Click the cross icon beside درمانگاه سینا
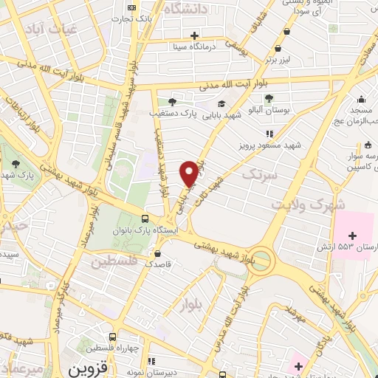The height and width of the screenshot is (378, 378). pos(194,35)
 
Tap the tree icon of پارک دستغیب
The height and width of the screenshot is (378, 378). pos(172,102)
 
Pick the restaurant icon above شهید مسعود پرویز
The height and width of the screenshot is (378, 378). pos(269,134)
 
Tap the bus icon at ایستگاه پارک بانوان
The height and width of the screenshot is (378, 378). pos(145,219)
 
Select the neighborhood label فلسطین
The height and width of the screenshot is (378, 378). pos(115,261)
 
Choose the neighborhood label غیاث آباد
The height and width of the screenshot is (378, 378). pos(64,29)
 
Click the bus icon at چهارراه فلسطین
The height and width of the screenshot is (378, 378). pos(111,336)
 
